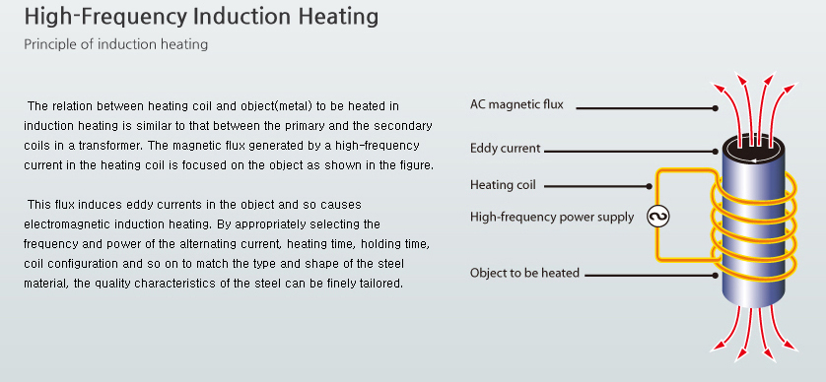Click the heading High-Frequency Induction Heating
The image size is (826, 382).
tap(201, 17)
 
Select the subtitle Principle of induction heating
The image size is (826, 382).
tap(116, 44)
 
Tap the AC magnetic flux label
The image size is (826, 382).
tap(516, 104)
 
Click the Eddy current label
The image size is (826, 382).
tap(506, 149)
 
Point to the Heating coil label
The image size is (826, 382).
tap(503, 185)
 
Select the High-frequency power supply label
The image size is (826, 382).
tap(552, 217)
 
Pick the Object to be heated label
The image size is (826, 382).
tap(524, 273)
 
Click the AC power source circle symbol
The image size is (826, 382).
tap(658, 217)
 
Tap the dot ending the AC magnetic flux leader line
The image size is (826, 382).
tap(715, 108)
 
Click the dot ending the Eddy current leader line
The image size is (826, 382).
tap(715, 152)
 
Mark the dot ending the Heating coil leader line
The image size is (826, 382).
tap(649, 186)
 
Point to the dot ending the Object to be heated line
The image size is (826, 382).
tap(715, 276)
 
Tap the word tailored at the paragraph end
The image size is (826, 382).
tap(384, 284)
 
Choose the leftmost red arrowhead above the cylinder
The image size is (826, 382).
tap(717, 89)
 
